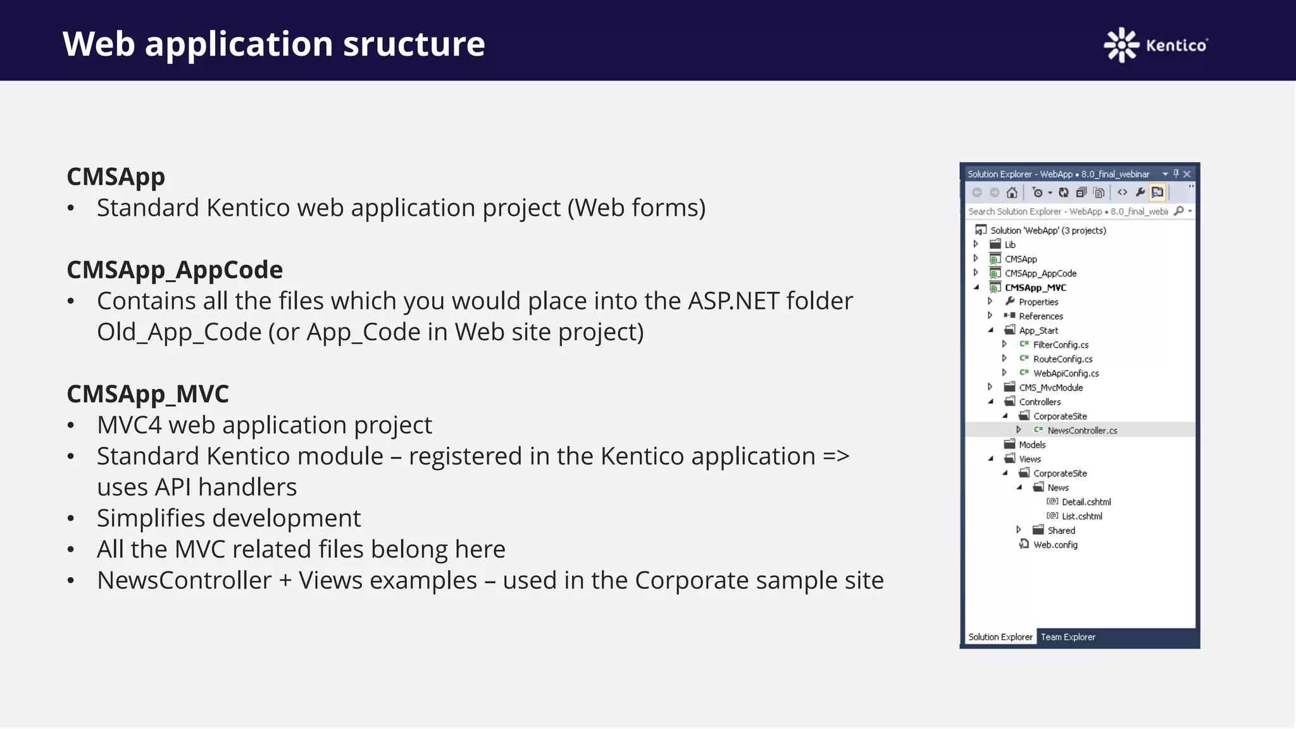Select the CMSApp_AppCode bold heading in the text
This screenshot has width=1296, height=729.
click(175, 270)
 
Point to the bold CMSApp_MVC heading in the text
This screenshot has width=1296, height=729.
click(147, 394)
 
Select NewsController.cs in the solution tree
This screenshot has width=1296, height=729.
click(1081, 430)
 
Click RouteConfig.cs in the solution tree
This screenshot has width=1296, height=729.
click(1062, 359)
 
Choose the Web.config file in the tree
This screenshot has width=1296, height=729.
click(1055, 545)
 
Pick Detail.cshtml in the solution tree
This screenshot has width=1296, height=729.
click(1086, 502)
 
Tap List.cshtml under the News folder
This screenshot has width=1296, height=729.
click(1081, 516)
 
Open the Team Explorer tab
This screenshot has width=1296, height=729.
click(1068, 637)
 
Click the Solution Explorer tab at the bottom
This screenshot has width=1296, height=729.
click(1000, 637)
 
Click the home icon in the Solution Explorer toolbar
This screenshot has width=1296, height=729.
click(1012, 192)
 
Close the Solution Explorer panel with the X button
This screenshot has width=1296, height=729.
click(1187, 174)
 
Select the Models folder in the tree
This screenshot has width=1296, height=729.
click(1031, 445)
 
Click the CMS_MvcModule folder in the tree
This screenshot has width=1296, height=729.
click(1050, 387)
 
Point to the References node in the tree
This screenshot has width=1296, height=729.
click(1040, 316)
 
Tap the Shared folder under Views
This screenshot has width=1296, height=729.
click(1061, 530)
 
